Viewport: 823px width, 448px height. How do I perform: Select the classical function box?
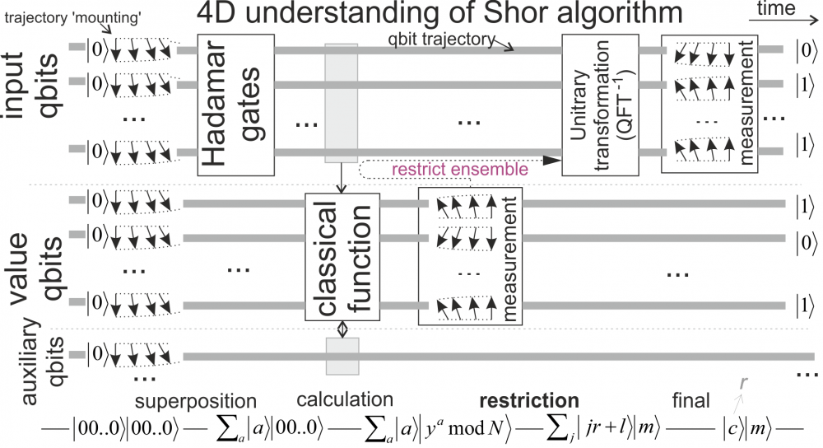tap(342, 256)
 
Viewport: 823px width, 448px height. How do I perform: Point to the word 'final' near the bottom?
tap(690, 402)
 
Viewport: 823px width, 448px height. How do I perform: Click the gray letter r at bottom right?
tap(744, 384)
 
